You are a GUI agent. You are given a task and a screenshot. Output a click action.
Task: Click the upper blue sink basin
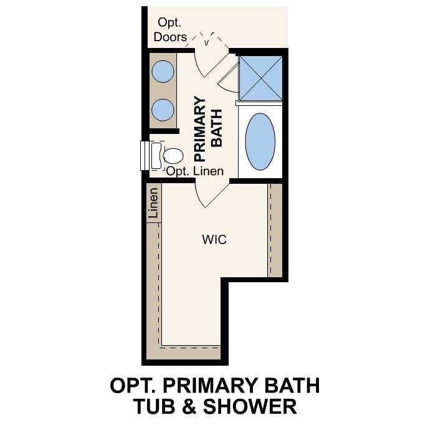(x=164, y=72)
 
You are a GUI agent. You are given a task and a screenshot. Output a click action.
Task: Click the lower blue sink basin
(x=164, y=109)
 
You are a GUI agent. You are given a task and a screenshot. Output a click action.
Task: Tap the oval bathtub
(x=260, y=141)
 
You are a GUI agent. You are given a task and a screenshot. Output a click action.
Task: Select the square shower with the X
(x=260, y=78)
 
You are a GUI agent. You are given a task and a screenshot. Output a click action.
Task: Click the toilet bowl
(x=173, y=155)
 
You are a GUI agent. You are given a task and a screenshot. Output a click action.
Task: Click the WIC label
(x=214, y=239)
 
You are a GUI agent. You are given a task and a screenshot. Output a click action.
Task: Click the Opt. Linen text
(x=194, y=170)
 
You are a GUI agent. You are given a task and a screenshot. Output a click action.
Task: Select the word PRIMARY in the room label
(x=200, y=128)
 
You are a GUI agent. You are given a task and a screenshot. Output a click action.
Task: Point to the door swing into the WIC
(x=208, y=194)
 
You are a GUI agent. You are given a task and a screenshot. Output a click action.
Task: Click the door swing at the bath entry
(x=208, y=62)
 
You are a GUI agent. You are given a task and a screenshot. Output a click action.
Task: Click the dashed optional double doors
(x=206, y=39)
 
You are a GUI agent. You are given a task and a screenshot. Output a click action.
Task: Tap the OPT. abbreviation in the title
(x=131, y=385)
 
